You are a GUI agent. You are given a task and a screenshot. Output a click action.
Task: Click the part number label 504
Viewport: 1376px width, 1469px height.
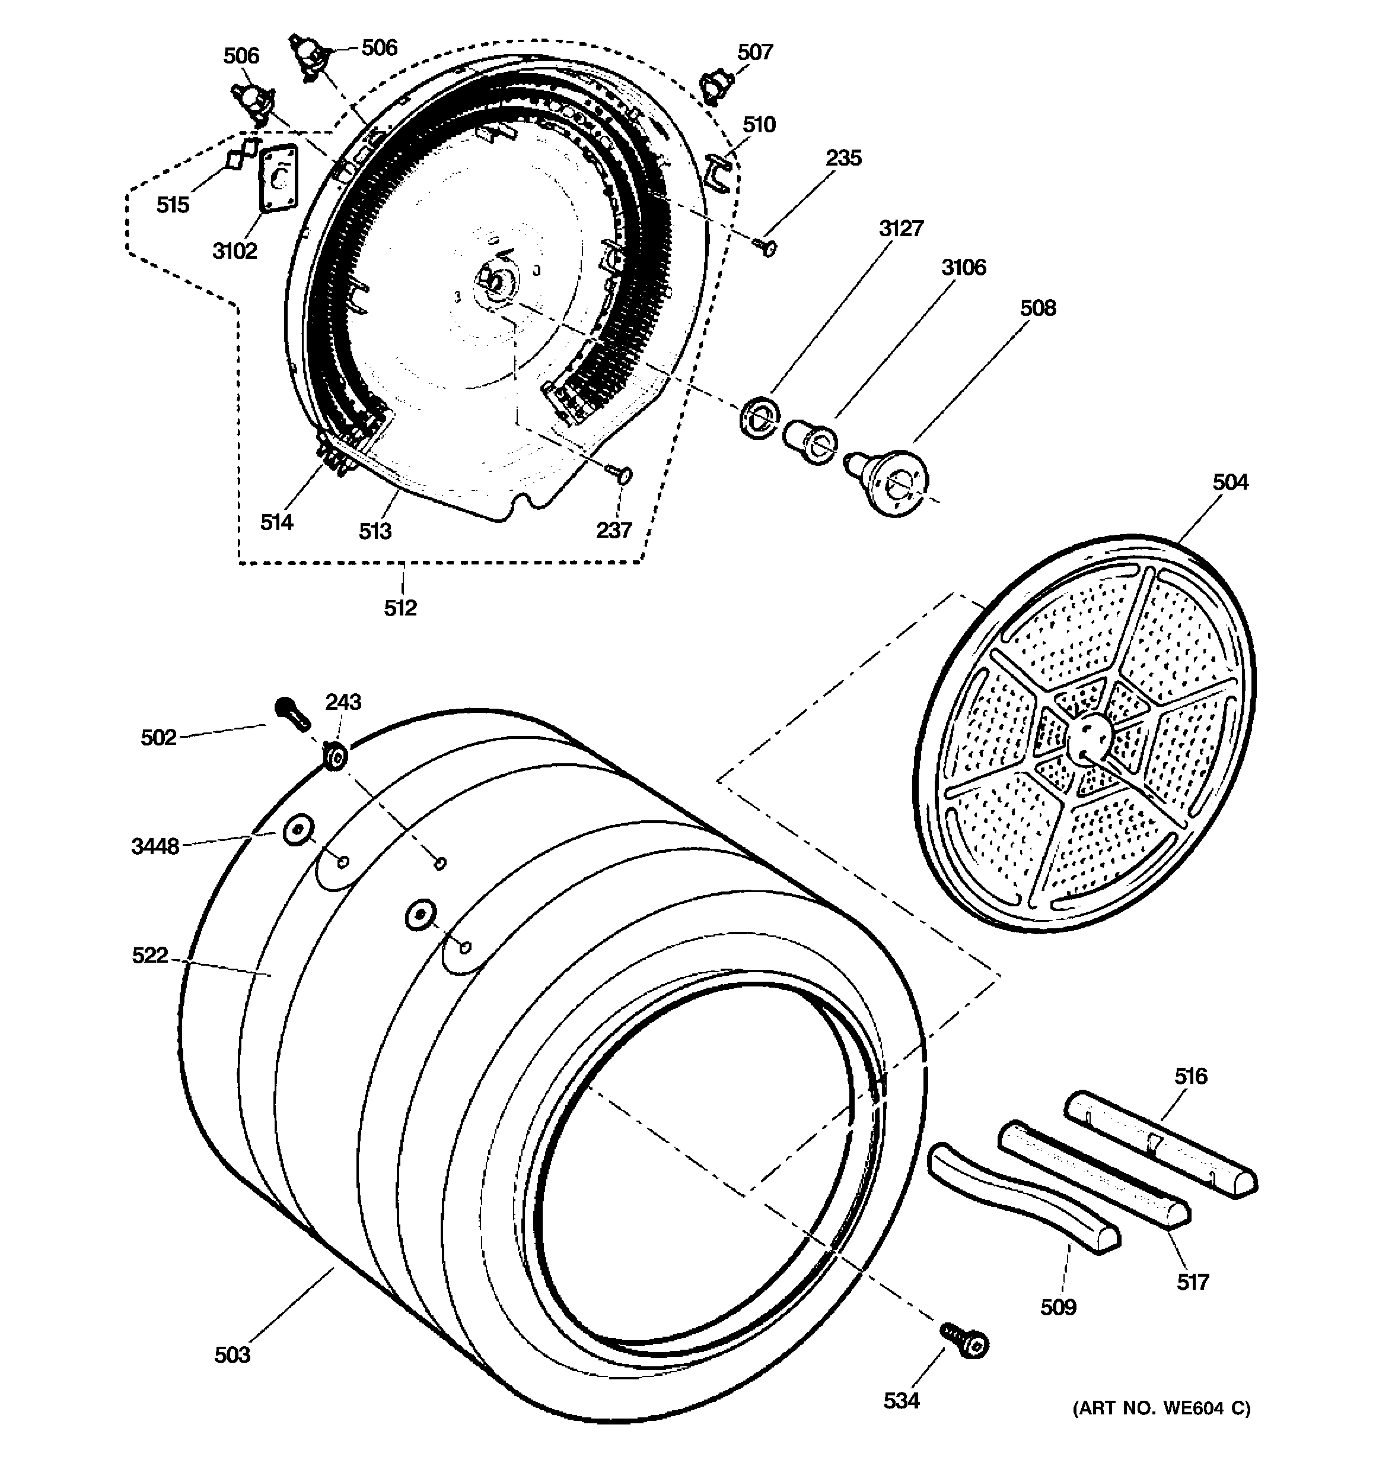(1230, 483)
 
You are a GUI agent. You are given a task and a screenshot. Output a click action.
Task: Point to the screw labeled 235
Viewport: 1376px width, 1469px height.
(766, 247)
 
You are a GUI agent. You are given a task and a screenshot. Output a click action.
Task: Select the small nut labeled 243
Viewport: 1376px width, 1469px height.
(336, 757)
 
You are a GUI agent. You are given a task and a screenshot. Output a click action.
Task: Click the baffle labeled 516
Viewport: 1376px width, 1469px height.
(1162, 1144)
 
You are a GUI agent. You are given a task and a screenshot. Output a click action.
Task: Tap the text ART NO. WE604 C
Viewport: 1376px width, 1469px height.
(1161, 1408)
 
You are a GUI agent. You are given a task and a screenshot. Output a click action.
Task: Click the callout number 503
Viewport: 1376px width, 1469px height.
(232, 1354)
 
